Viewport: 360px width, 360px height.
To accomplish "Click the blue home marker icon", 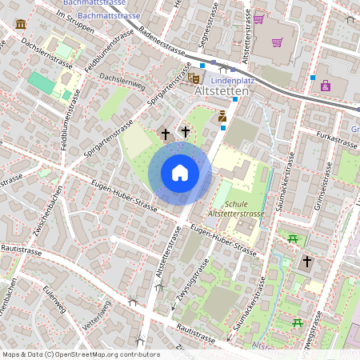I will (x=180, y=173).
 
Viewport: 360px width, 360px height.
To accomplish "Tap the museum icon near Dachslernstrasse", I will (x=19, y=25).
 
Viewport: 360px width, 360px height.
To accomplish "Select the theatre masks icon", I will (x=193, y=78).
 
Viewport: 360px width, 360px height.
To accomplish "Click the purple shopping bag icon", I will (x=326, y=85).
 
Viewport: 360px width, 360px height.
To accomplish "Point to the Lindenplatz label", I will (x=233, y=81).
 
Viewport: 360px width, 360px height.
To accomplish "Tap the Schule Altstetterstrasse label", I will (x=235, y=210).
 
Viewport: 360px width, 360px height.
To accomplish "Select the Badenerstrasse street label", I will (x=163, y=46).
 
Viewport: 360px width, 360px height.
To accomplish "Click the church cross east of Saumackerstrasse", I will (x=306, y=262).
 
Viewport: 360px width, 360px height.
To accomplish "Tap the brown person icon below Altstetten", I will (x=222, y=117).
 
